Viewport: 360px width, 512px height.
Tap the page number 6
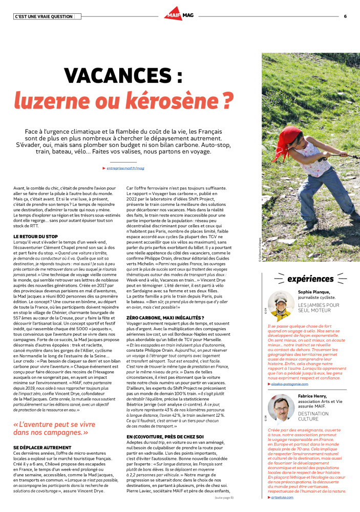point(345,16)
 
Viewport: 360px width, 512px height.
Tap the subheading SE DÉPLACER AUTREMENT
point(41,447)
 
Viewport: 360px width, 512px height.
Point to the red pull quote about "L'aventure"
point(53,429)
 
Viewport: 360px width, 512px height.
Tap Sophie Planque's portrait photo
point(281,306)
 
